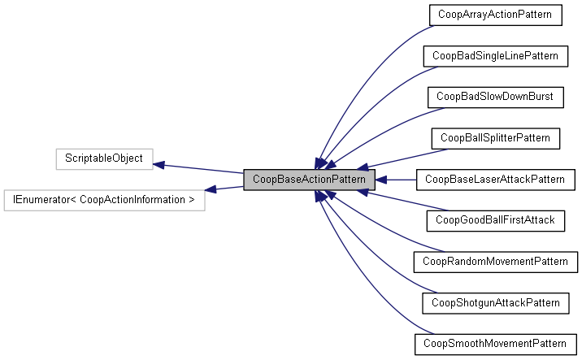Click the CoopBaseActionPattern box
[309, 179]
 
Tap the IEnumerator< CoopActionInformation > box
[103, 199]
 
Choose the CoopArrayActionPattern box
[495, 15]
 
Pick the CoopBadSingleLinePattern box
[495, 56]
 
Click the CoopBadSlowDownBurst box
[495, 97]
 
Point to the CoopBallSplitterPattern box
[495, 138]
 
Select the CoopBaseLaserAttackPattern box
[495, 179]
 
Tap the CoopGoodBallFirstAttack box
[495, 220]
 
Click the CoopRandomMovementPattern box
[495, 262]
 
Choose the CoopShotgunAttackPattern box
[495, 302]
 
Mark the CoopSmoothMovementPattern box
[495, 344]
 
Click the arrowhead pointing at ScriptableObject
[160, 165]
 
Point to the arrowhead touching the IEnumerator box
[211, 189]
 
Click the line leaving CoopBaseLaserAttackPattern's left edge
[402, 179]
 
